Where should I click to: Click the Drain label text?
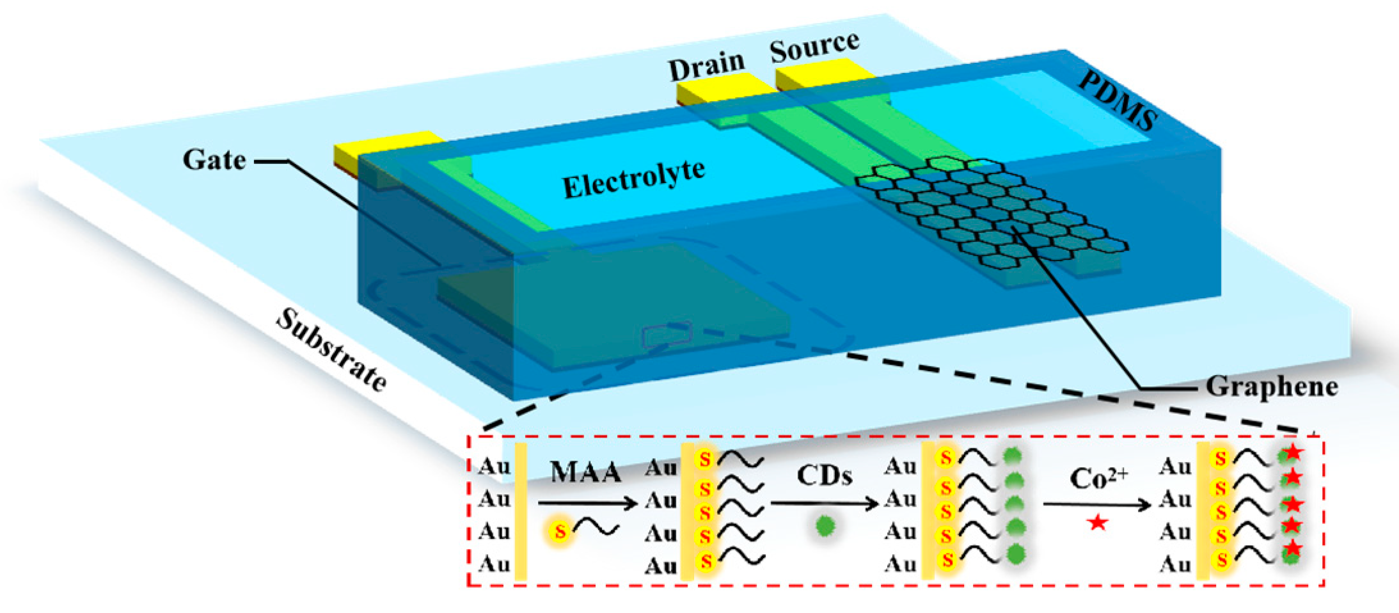706,65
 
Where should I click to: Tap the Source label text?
814,46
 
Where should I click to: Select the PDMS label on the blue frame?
1118,100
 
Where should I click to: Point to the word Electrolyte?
633,179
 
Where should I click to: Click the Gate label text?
214,159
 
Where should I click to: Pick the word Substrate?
331,350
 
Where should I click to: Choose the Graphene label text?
1272,386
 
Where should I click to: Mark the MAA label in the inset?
585,473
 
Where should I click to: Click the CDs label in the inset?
824,475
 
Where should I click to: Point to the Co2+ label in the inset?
1098,477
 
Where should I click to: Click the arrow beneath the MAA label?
587,504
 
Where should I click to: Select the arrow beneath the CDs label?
824,504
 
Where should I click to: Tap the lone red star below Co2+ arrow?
1098,523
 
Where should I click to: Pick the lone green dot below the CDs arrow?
826,526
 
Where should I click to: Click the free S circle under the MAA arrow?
560,531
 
